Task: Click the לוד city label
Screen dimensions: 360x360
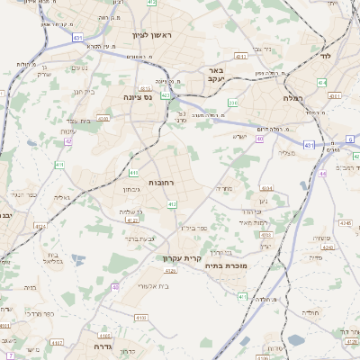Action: (x=325, y=56)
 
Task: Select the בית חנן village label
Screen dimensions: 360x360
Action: (x=83, y=92)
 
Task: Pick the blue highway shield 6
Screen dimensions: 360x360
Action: (x=350, y=139)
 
